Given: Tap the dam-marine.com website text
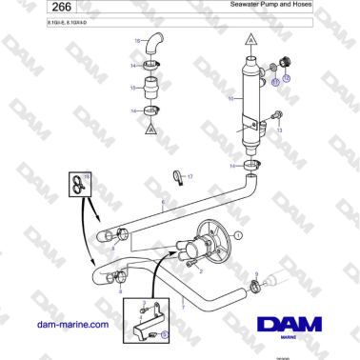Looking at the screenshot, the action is coord(68,326).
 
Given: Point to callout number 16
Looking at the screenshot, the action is coord(137,40).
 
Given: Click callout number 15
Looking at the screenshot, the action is coord(133,88).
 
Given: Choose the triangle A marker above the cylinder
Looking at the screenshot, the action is coord(250,42).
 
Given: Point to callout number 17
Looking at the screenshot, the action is coord(190,177).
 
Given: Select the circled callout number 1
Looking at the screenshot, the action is coord(239,233).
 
